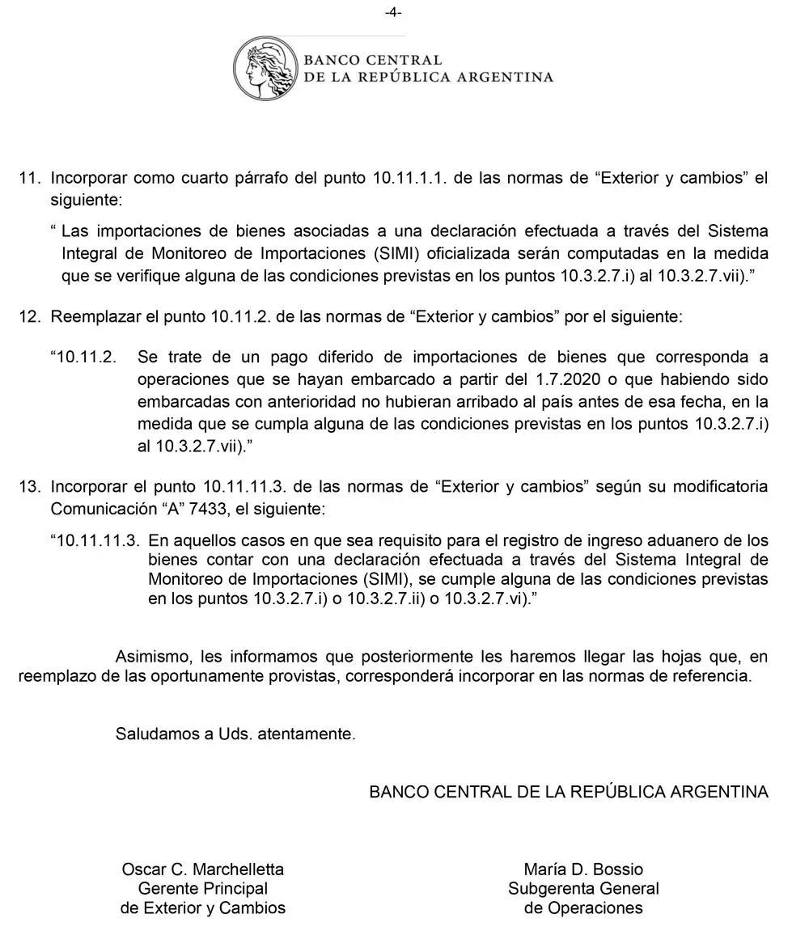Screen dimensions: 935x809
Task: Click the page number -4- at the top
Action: [394, 12]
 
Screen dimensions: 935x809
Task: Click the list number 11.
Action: [29, 179]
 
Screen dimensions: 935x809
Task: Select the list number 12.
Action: [29, 317]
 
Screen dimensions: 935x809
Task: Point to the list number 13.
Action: [29, 487]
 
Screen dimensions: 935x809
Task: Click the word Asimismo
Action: [150, 656]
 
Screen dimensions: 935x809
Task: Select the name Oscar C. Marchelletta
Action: [203, 869]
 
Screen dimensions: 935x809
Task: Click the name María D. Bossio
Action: [583, 869]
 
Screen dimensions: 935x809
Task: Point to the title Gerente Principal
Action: [203, 889]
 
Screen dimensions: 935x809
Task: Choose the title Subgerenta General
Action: [583, 889]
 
